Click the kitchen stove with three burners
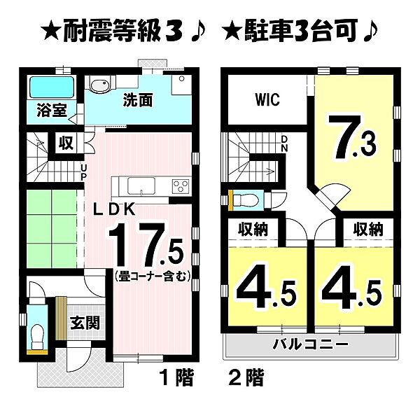point(180,186)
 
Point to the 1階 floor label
point(176,379)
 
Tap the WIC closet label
point(265,100)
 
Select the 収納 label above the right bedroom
point(367,229)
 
